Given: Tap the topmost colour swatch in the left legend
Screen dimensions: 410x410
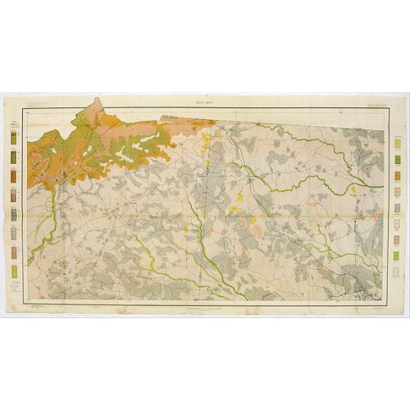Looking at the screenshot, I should pos(14,139).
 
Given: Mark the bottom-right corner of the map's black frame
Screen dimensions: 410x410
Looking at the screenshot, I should pos(384,303).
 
